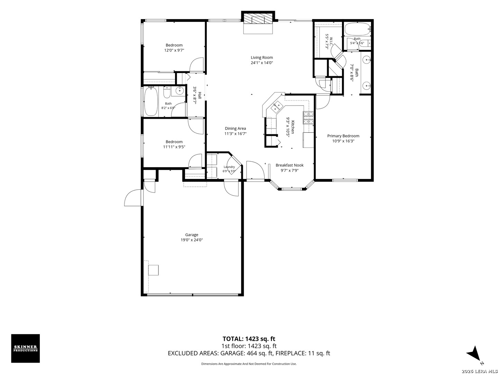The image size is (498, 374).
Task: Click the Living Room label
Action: [261, 57]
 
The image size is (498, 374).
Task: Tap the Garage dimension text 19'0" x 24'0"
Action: [192, 240]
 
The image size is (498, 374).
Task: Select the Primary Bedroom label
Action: [343, 136]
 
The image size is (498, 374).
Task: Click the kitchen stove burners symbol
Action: [308, 118]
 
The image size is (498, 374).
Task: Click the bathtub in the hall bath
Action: [151, 101]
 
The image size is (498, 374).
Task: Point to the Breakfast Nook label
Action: [289, 165]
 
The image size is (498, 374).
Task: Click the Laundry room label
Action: [229, 167]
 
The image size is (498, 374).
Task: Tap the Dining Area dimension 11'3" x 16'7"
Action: [235, 134]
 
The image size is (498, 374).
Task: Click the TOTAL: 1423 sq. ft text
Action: [249, 339]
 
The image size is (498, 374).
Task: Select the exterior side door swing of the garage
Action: [133, 198]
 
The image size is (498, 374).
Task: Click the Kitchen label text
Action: [293, 127]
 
